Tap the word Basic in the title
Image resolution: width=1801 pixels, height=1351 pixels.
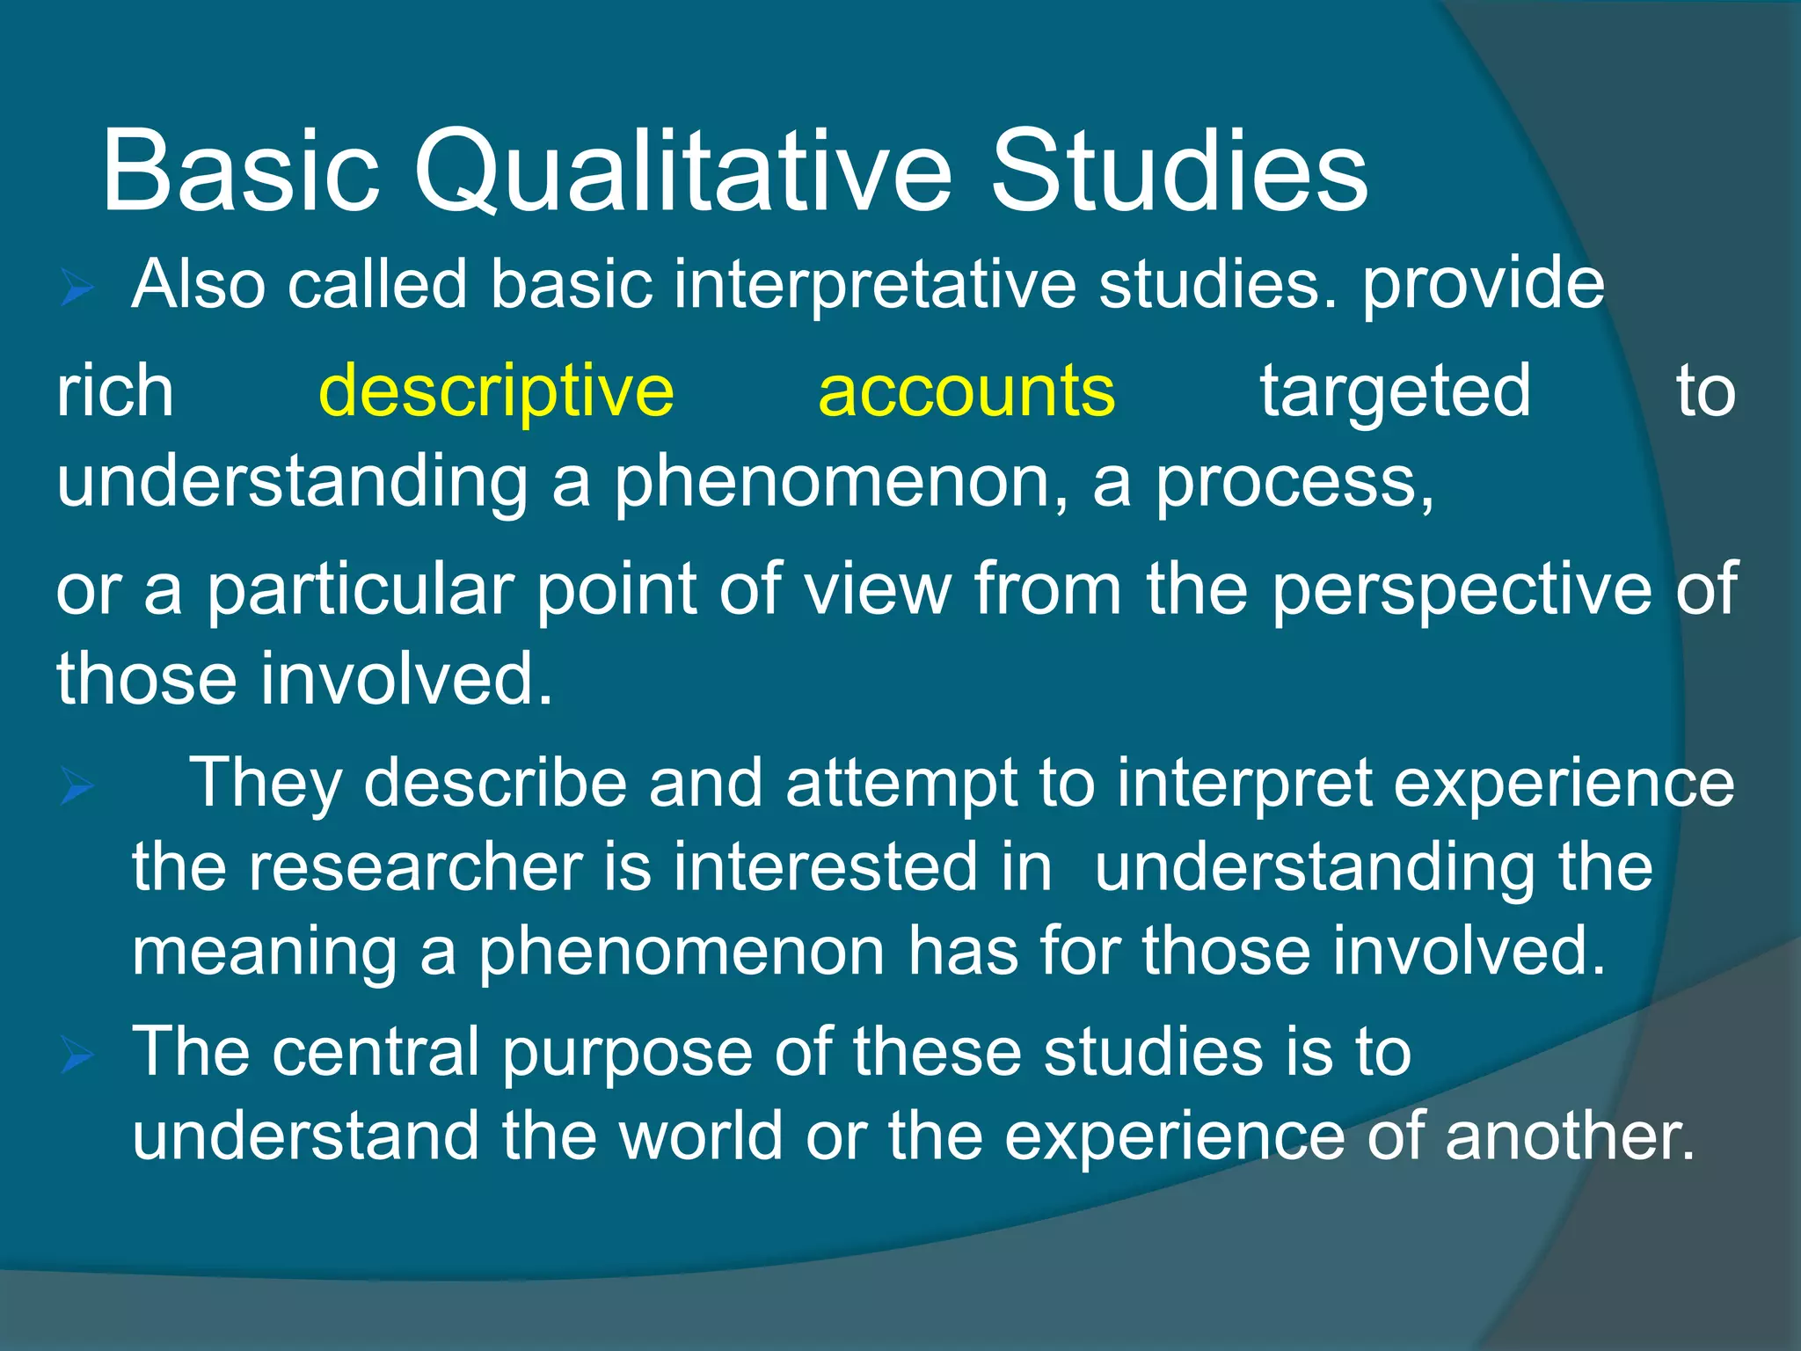[x=240, y=172]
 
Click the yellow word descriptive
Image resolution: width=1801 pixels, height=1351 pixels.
[x=496, y=391]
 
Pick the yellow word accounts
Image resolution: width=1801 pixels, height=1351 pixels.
[x=966, y=391]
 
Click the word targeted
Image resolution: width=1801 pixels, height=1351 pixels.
[x=1396, y=391]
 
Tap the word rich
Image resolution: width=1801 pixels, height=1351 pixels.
[x=115, y=391]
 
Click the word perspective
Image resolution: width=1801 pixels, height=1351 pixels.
[x=1462, y=589]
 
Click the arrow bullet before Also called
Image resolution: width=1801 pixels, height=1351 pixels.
[x=77, y=288]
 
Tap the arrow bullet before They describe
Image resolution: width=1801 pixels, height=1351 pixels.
[x=77, y=785]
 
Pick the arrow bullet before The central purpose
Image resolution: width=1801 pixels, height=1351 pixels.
[x=77, y=1055]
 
